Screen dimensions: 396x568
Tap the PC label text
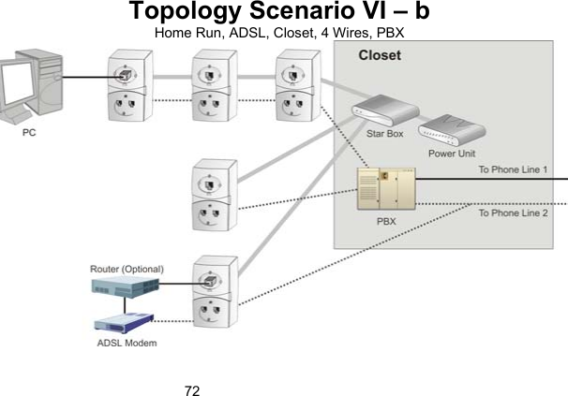pyautogui.click(x=30, y=134)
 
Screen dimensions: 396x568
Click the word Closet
pyautogui.click(x=380, y=55)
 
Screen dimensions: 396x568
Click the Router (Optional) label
pyautogui.click(x=127, y=269)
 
